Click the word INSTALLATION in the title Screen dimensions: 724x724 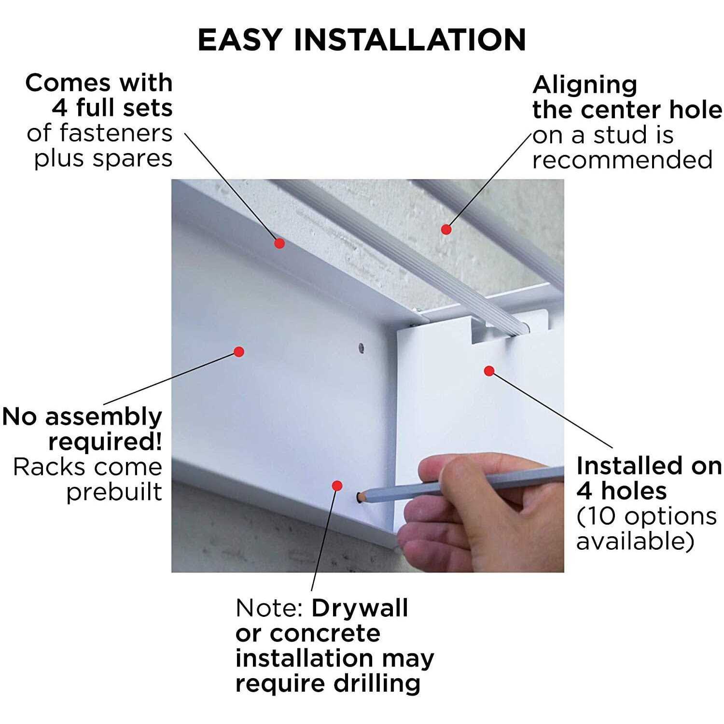pos(410,40)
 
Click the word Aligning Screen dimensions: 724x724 pos(585,85)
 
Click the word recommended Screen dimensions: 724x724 pos(622,160)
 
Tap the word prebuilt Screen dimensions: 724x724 pos(114,492)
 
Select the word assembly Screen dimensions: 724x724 pos(103,417)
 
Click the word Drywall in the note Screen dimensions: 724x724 pos(360,608)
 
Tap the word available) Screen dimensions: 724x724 pos(635,542)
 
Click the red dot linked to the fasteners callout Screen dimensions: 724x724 pos(279,243)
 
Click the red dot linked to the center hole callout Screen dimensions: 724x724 pos(446,229)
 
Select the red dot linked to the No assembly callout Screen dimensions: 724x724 pos(239,352)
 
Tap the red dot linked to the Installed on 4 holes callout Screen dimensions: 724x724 pos(489,371)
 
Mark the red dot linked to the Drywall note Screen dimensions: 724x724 pos(337,486)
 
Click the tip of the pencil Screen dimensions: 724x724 pos(359,497)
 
